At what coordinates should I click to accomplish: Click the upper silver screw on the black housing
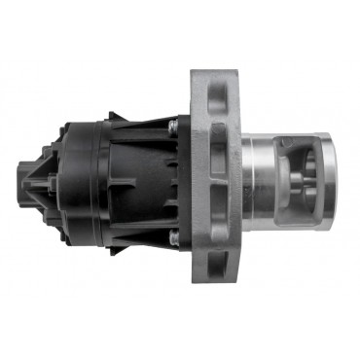[x=172, y=125]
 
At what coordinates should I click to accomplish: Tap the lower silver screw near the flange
[x=172, y=235]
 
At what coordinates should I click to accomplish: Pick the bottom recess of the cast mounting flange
[x=216, y=267]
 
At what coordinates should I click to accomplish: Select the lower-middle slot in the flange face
[x=217, y=214]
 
